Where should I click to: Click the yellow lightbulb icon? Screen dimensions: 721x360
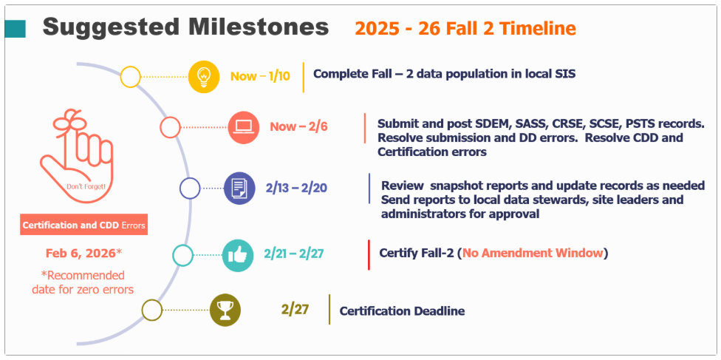(x=204, y=76)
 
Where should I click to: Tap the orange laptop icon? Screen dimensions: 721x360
(x=244, y=128)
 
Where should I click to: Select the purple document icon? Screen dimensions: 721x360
(x=239, y=188)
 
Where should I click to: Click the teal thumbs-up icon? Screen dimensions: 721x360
(x=237, y=254)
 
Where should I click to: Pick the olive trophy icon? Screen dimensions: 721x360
(x=225, y=310)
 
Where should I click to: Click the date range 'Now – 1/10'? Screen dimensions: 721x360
(x=260, y=76)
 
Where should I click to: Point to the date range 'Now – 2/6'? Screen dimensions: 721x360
(x=298, y=126)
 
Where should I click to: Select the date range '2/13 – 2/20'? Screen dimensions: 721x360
(x=296, y=188)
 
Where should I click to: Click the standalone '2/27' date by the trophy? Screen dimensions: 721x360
(x=295, y=309)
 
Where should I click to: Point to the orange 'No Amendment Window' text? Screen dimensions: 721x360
(x=533, y=254)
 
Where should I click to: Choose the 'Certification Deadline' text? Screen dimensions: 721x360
(x=402, y=311)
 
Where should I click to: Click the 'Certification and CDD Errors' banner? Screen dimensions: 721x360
(x=83, y=225)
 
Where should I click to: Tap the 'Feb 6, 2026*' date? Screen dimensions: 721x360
(x=83, y=254)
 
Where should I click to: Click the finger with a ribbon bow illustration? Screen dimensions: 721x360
(x=76, y=157)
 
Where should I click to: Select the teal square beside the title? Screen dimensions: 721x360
(x=16, y=29)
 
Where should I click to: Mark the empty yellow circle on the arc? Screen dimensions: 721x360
(x=130, y=76)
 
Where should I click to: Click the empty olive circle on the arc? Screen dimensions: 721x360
(x=151, y=310)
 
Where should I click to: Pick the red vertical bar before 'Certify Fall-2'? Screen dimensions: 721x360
(x=369, y=254)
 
